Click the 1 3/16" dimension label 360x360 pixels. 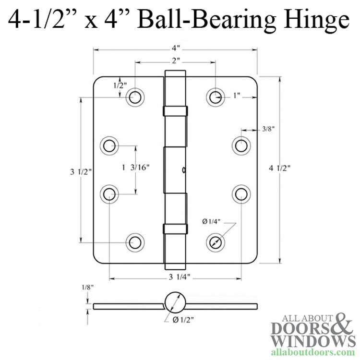coord(136,168)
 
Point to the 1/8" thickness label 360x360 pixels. coord(87,288)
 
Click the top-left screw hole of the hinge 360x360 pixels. coord(135,97)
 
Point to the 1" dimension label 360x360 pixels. coord(236,96)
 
